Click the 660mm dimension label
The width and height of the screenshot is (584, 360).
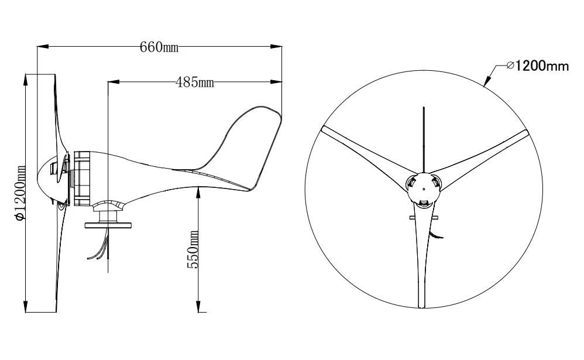(x=159, y=47)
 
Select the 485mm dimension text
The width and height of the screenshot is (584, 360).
(x=194, y=81)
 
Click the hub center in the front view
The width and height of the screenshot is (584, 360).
(x=423, y=188)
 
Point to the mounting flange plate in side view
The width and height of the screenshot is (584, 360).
(x=109, y=224)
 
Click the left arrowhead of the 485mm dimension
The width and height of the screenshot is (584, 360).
(x=112, y=81)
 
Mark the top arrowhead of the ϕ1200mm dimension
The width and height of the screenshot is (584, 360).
(x=26, y=78)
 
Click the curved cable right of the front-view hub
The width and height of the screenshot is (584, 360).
(x=437, y=233)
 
